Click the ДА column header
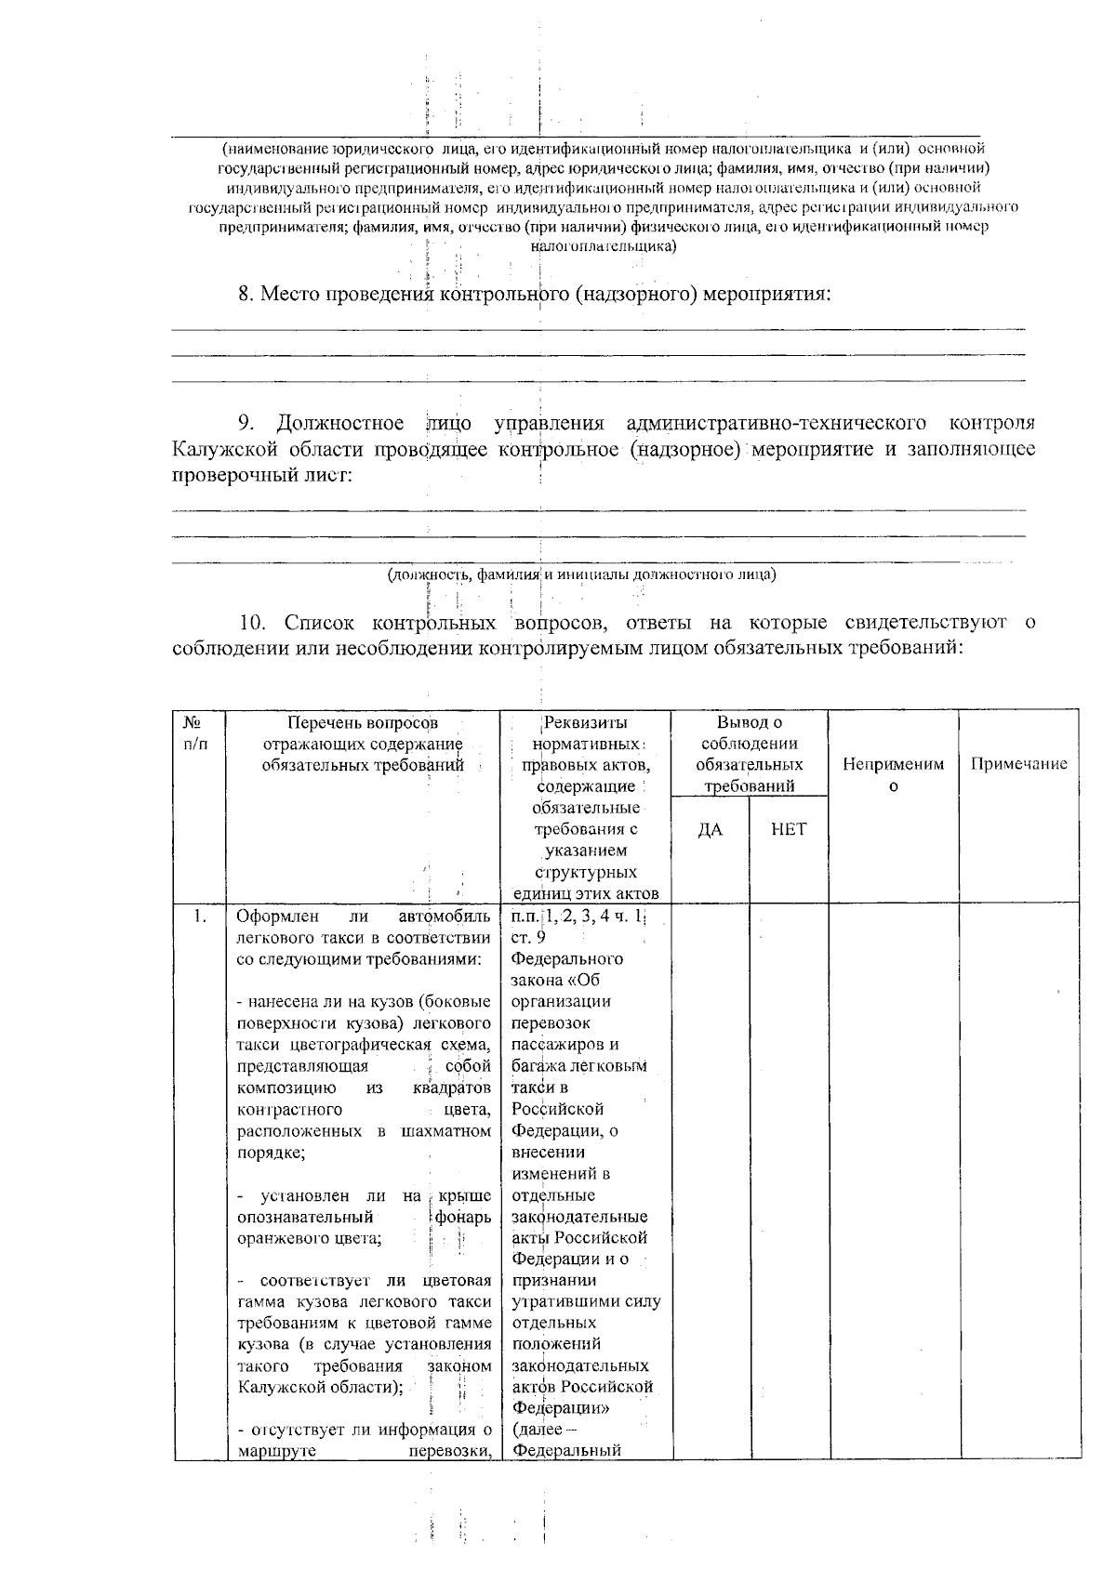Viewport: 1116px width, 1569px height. coord(711,829)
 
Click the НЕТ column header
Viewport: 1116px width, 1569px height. coord(789,829)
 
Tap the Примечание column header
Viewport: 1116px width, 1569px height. coord(1018,764)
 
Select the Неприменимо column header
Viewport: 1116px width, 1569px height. coord(893,774)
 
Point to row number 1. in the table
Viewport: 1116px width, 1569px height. coord(199,916)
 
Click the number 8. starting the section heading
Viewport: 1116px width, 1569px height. coord(246,295)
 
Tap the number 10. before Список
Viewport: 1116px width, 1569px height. coord(256,622)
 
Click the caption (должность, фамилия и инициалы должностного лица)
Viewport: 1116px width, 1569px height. coord(582,574)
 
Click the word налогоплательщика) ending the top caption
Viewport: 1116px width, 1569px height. coord(603,246)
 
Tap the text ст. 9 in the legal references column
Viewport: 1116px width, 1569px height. coord(528,937)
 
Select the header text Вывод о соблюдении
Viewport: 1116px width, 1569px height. coord(750,732)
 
